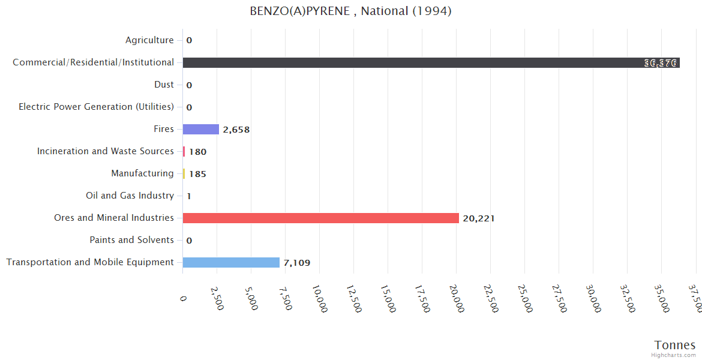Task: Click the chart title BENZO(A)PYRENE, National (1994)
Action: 350,11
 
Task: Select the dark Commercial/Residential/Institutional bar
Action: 431,62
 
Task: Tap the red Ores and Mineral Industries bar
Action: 320,218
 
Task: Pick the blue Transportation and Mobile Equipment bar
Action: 231,262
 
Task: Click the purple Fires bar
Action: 200,129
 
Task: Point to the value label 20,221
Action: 479,218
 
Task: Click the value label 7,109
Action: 297,263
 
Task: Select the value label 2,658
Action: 236,130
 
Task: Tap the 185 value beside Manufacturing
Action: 197,174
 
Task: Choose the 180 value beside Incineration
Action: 197,152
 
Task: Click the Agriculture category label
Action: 149,40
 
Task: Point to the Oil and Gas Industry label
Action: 130,196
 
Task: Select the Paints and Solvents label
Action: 131,240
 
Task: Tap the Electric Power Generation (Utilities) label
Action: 96,107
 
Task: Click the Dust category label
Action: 164,85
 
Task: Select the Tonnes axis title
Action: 675,345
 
